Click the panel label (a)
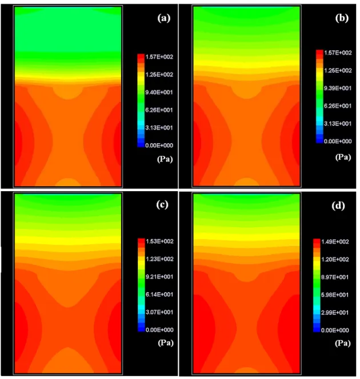(164, 18)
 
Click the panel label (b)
(342, 18)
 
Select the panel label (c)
(162, 205)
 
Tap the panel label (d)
(338, 205)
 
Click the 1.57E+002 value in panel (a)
(159, 57)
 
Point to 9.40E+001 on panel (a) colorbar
(159, 92)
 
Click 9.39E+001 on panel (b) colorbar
(338, 88)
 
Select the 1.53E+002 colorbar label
(159, 241)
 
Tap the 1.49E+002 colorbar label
(335, 241)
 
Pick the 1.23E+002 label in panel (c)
(159, 259)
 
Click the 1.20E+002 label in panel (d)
(335, 259)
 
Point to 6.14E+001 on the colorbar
(159, 295)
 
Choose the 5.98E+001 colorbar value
(335, 295)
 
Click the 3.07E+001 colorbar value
(159, 312)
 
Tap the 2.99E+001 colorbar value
(335, 313)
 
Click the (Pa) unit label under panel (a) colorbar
(165, 159)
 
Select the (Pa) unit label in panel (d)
(343, 343)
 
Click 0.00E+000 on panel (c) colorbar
(159, 330)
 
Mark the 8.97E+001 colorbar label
(335, 277)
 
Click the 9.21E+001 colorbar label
(159, 277)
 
